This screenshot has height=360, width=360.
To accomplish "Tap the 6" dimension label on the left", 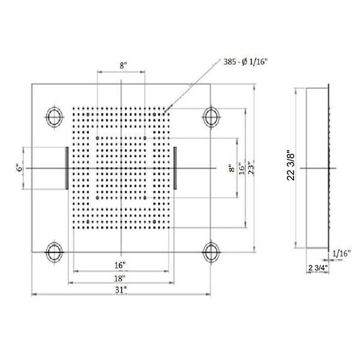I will [20, 169].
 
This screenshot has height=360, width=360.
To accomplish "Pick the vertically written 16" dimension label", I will [241, 169].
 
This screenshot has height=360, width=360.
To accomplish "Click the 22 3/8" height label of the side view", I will [292, 169].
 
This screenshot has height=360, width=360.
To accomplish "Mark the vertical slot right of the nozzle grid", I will [175, 169].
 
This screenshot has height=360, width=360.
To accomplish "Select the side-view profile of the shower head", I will [317, 169].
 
